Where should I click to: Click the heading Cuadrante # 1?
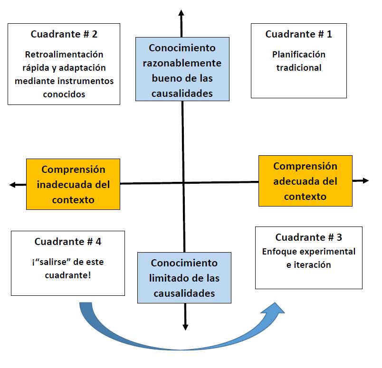pos(298,34)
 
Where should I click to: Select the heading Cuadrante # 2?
pos(64,34)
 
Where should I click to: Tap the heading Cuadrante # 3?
pos(308,237)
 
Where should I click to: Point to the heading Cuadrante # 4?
pos(68,241)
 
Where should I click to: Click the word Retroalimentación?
pos(64,55)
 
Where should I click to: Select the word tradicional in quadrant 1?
pos(299,67)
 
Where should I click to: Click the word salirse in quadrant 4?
pos(60,262)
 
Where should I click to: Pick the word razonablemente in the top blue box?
pos(182,63)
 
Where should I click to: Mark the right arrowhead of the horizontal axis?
pos(365,180)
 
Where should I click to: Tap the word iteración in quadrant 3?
pos(308,265)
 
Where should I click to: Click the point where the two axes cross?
pos(183,182)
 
